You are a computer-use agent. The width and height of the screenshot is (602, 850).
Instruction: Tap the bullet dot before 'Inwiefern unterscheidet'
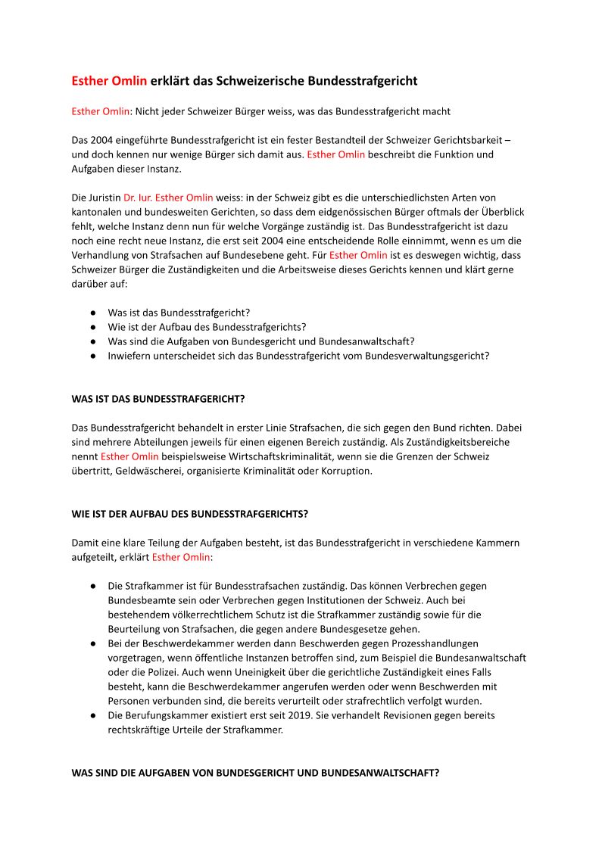coord(92,356)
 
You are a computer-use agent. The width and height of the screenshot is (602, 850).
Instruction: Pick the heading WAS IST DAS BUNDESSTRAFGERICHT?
coord(158,399)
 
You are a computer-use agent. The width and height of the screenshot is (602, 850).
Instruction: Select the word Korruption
coord(347,471)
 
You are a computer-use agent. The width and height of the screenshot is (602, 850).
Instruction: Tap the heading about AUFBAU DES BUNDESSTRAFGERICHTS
coord(189,514)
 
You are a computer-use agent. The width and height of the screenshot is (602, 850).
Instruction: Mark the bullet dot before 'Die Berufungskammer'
coord(92,715)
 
